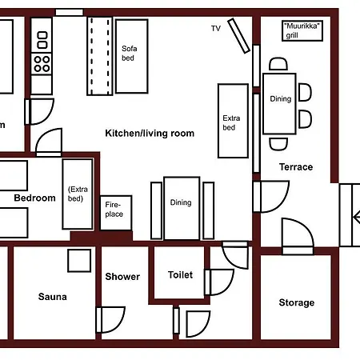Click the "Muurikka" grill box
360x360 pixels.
[302, 30]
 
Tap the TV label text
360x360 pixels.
[216, 28]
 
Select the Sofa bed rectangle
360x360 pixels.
[132, 56]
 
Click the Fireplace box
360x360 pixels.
[116, 213]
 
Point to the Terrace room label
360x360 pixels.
[296, 167]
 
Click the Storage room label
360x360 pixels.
[297, 302]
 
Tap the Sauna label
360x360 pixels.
[52, 297]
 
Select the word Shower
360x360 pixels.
[122, 277]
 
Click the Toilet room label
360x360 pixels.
[180, 275]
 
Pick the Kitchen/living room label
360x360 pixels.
[150, 133]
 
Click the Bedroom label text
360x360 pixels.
[34, 198]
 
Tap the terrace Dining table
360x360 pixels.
[279, 104]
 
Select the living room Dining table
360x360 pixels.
[182, 208]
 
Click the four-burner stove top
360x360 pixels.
[42, 64]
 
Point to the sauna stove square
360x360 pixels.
[79, 261]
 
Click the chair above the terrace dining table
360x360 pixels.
[278, 64]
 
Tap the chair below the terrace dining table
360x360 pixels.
[278, 144]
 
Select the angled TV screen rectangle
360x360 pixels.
[239, 36]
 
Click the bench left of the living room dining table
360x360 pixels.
[157, 210]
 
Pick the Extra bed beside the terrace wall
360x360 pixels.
[234, 121]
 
